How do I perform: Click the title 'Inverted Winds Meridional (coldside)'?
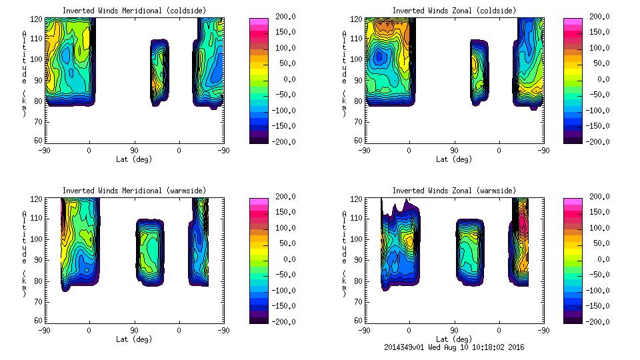pos(134,11)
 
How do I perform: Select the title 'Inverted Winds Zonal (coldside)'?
pos(454,11)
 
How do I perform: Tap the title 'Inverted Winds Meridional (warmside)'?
pos(134,191)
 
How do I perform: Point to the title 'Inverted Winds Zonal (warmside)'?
pos(454,191)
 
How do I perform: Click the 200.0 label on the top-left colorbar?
pos(285,16)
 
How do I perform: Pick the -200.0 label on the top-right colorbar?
pos(600,141)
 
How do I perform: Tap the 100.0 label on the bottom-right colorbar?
pos(600,228)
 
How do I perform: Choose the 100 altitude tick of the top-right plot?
pos(358,59)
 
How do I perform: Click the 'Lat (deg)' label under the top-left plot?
pos(134,159)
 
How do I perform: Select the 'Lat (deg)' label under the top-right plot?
pos(454,159)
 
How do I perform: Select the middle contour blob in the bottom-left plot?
pos(149,252)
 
